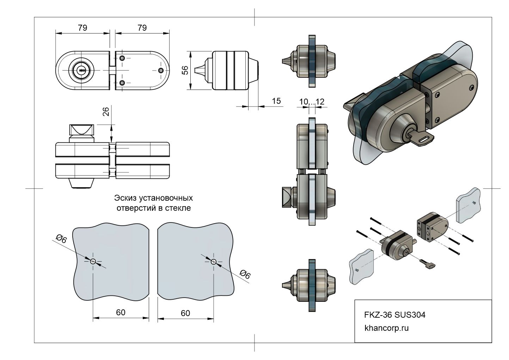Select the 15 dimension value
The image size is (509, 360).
tap(276, 101)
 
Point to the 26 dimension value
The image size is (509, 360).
tap(106, 111)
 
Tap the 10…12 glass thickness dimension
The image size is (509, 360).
tap(312, 102)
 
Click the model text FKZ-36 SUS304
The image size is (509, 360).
tap(394, 315)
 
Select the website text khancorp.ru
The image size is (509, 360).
tap(386, 328)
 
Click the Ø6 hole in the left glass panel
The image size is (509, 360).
tap(93, 261)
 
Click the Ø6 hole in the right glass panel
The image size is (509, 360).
tap(213, 261)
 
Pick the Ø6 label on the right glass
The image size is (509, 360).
tap(245, 274)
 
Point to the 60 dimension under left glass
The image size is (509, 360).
tap(121, 312)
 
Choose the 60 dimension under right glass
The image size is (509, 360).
tap(185, 313)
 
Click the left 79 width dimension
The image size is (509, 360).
tap(82, 28)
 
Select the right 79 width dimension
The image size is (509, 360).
tap(142, 28)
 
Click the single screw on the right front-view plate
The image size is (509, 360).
tap(161, 71)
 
